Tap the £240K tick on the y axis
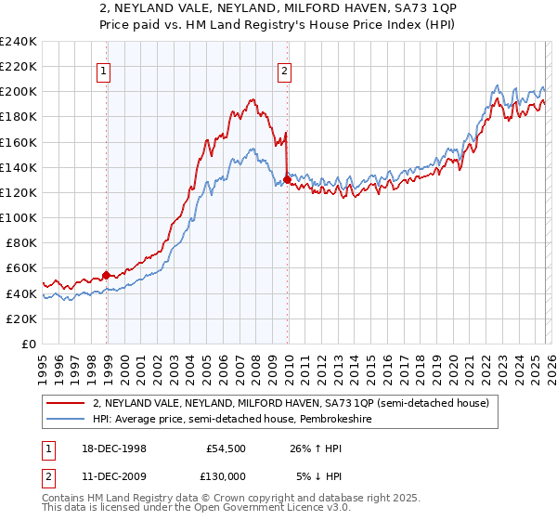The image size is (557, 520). tap(19, 41)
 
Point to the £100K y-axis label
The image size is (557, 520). tap(19, 217)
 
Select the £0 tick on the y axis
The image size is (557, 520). tap(28, 344)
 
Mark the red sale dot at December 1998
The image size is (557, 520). tap(107, 275)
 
